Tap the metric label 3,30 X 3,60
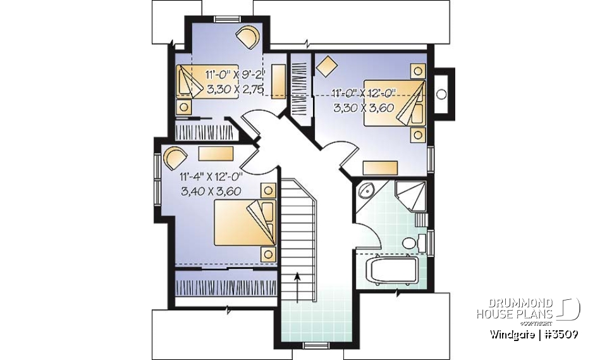point(364,108)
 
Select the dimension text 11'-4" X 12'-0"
point(211,177)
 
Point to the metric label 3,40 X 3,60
point(211,190)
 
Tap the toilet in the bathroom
point(409,243)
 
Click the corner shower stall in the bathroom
point(410,194)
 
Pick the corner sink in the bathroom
point(365,192)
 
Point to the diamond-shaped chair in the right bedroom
point(326,65)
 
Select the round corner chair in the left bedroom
point(175,156)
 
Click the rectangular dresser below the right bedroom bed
point(381,167)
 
